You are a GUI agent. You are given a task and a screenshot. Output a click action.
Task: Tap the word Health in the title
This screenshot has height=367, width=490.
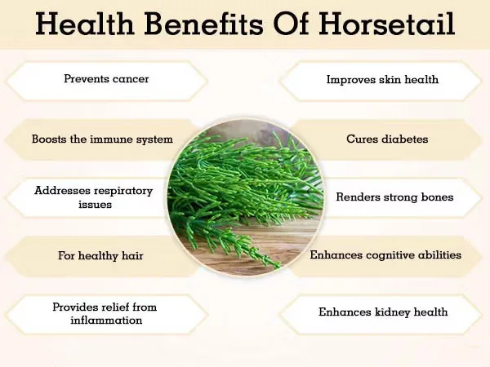(x=83, y=24)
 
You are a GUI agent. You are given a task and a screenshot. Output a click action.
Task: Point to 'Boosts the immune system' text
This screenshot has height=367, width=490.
(x=102, y=139)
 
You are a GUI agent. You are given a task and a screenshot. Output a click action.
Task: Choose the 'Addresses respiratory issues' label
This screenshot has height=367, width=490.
(x=93, y=197)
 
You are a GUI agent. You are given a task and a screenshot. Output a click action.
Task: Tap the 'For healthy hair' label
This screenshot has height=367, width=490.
(x=100, y=255)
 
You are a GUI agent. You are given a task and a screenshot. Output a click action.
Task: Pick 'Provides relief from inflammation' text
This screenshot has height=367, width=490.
(x=105, y=313)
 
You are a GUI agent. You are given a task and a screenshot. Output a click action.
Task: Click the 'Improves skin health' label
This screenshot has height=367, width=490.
(x=382, y=80)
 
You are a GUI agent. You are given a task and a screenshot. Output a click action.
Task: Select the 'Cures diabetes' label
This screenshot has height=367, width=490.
(x=387, y=139)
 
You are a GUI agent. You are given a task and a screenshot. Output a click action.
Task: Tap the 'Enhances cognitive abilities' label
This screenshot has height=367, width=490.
(x=385, y=255)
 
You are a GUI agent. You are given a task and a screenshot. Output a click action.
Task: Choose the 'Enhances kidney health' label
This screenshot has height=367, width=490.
(x=383, y=312)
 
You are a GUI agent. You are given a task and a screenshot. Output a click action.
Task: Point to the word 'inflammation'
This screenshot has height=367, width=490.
(x=106, y=321)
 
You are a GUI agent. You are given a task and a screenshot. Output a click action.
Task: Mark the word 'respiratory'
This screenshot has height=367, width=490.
(x=122, y=190)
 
